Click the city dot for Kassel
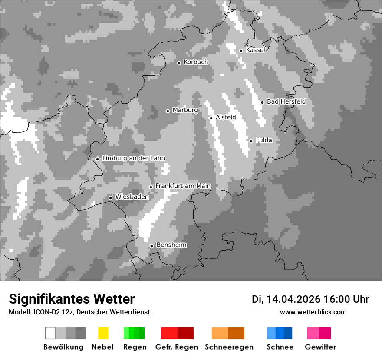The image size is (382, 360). pos(241,51)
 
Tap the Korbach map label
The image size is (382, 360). pos(196,62)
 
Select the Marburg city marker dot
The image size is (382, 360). pos(168,111)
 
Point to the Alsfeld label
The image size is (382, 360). pos(226,117)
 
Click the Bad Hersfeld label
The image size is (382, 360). pos(286,102)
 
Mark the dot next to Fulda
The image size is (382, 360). pos(251,141)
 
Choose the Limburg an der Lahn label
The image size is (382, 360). pos(133,158)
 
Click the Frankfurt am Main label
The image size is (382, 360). pos(183,186)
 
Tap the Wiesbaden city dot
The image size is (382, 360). pos(110,198)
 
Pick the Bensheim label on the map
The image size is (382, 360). pos(171,245)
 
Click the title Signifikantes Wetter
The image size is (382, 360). pos(72,299)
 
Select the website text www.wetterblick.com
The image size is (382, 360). pos(313,312)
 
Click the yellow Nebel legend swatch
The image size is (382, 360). pos(103,333)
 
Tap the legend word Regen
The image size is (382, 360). pos(134,347)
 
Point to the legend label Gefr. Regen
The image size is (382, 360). pos(176,347)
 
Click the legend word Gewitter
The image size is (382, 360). pos(320,347)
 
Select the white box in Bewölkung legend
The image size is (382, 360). pos(50,333)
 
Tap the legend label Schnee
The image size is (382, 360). pos(280,347)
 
